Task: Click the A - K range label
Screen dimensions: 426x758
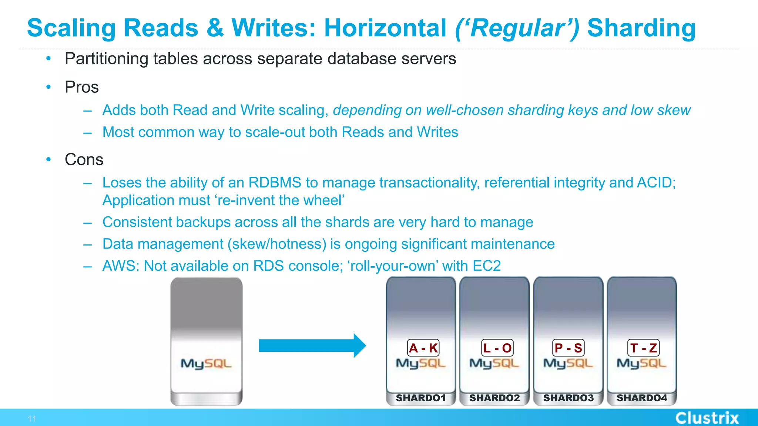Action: click(x=423, y=348)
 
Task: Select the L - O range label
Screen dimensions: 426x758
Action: click(x=497, y=348)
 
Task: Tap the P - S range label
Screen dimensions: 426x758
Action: click(x=568, y=348)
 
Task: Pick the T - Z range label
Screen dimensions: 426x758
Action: click(x=643, y=348)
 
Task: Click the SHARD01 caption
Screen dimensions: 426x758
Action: click(x=421, y=398)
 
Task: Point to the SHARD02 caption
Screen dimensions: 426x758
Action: click(x=494, y=398)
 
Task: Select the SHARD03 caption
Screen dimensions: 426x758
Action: click(x=568, y=398)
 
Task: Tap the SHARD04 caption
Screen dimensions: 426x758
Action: click(x=642, y=398)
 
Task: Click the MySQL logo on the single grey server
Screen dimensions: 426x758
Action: click(x=206, y=364)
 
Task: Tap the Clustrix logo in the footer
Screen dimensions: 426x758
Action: click(x=707, y=418)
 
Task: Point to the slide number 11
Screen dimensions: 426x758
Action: click(x=32, y=419)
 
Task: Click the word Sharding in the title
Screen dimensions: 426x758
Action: click(x=641, y=28)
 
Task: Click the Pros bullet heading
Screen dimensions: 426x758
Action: click(x=82, y=87)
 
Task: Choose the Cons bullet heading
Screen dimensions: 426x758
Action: click(x=84, y=160)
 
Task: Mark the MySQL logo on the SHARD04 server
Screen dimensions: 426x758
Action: click(x=641, y=364)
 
